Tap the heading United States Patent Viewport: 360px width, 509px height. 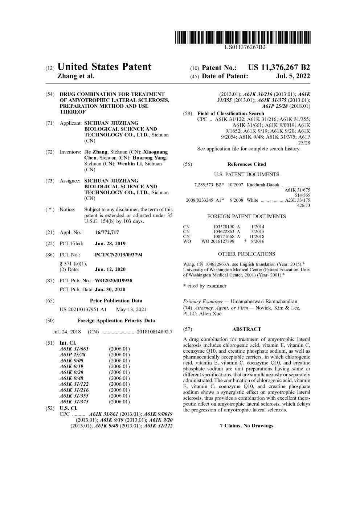point(105,67)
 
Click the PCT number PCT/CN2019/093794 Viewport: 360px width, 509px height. point(119,255)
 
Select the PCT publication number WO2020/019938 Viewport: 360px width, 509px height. point(114,280)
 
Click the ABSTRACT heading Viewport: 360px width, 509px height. point(246,329)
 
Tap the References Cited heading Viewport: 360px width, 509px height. point(246,164)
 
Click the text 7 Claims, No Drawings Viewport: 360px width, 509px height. point(246,426)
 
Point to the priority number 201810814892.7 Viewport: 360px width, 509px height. point(155,332)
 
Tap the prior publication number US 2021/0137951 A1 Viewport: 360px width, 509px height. point(83,309)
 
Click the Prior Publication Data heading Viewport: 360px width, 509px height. point(116,301)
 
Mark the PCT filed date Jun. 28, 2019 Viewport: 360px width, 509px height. point(110,243)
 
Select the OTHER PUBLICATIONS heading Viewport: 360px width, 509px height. point(246,254)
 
